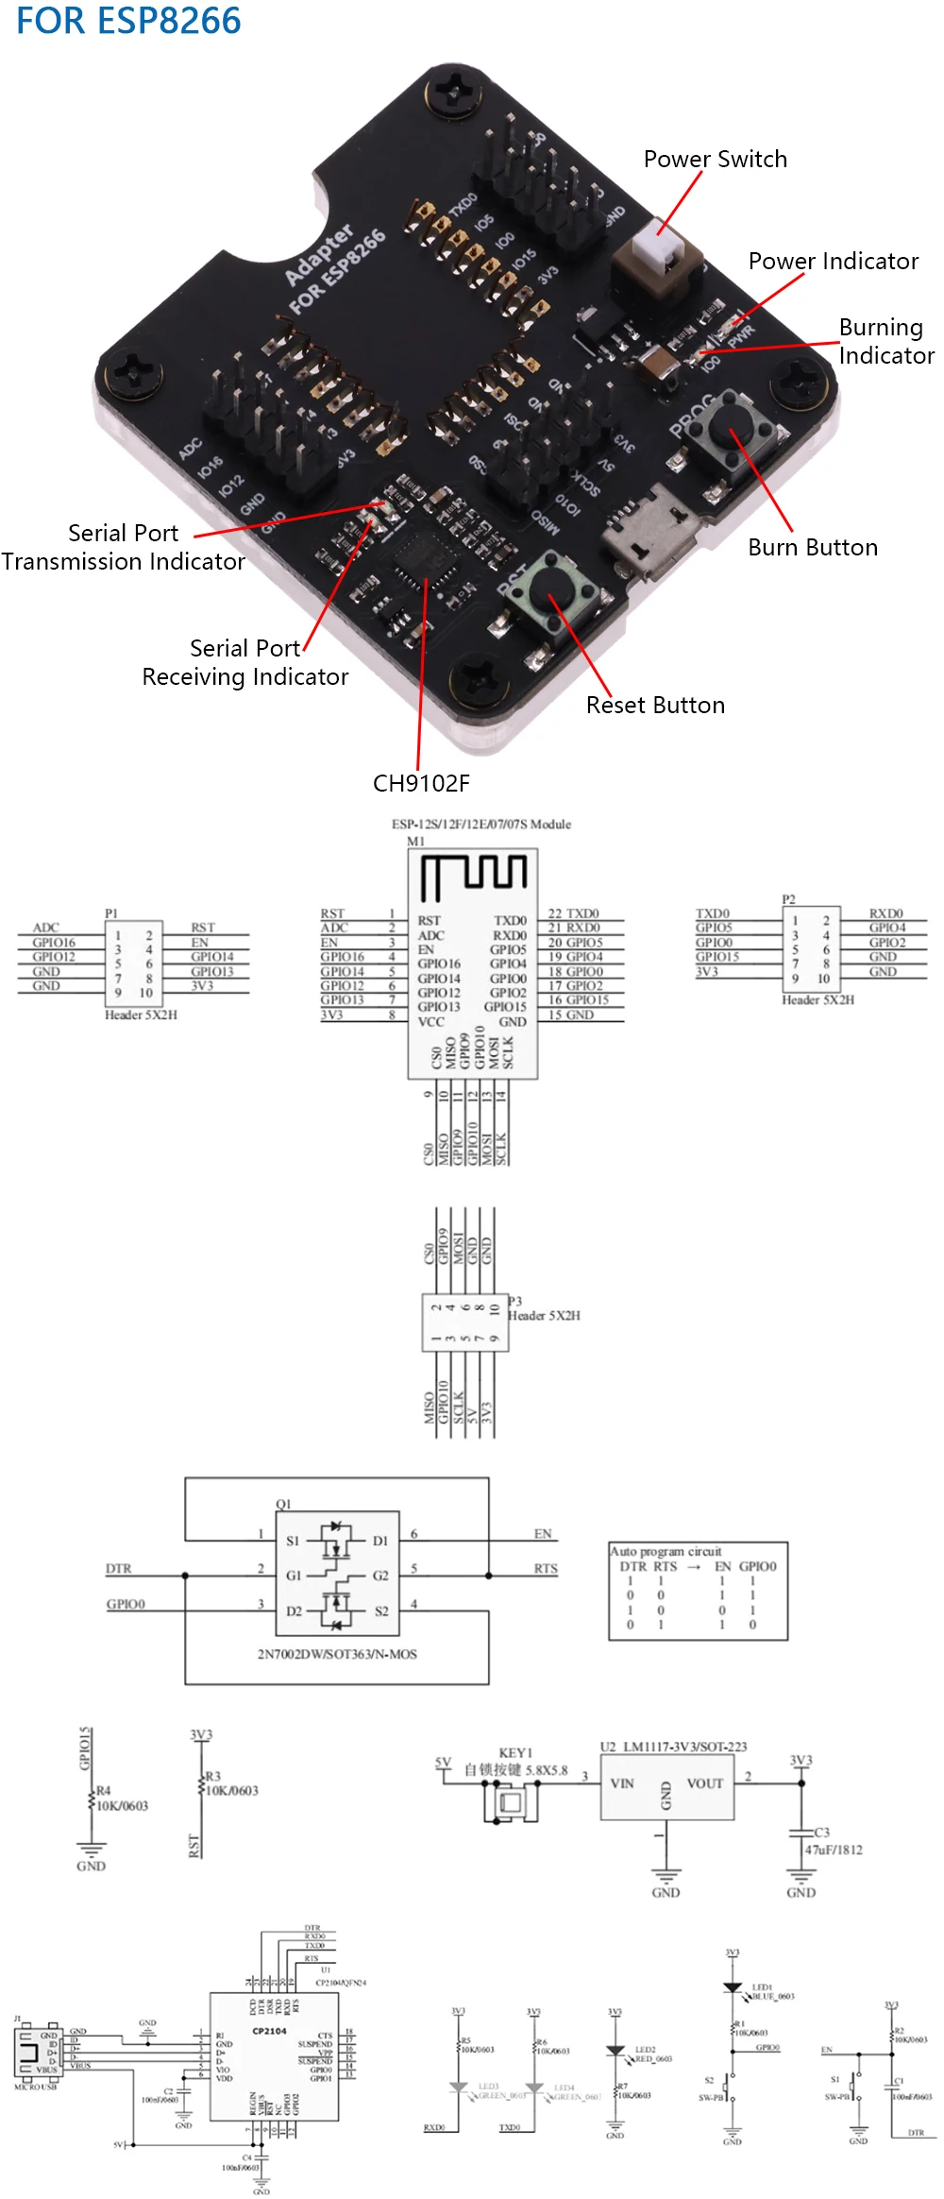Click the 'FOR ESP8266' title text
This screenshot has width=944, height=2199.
pos(128,21)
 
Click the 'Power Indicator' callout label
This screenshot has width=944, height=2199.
pos(833,262)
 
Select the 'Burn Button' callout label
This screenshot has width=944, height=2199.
pos(812,548)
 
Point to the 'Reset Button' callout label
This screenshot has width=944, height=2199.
pos(655,706)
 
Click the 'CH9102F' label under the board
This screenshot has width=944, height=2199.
pos(421,783)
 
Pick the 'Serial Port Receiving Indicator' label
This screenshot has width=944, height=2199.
pos(245,662)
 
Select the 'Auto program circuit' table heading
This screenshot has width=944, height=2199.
pos(666,1551)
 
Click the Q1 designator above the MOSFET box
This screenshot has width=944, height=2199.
pos(283,1504)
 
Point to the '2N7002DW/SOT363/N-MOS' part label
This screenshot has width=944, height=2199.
pos(337,1654)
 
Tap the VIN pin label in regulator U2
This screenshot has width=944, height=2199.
pos(622,1783)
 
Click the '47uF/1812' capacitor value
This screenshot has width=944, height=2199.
pos(834,1850)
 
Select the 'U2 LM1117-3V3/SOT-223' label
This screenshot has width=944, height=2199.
pos(673,1747)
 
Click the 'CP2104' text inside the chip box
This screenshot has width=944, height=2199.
pos(269,2031)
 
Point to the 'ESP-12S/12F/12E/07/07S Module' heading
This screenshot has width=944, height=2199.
pos(481,825)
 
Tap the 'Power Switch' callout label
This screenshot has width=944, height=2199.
pos(715,160)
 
